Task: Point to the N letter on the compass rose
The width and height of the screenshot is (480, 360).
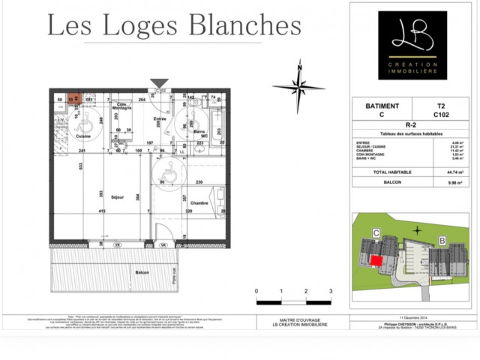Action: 299,67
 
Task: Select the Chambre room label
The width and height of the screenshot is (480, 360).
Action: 199,203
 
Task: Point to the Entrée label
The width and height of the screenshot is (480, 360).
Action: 160,119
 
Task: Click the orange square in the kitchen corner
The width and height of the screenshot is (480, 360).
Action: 74,97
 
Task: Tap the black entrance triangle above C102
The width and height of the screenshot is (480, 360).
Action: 160,83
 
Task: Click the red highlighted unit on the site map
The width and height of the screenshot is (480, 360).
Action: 375,259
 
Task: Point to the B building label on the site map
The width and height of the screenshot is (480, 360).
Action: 442,241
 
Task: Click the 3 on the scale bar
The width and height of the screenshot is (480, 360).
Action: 330,291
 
